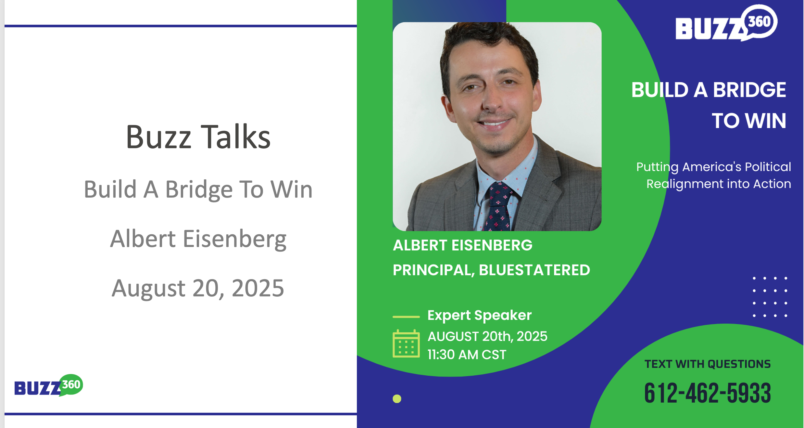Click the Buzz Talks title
198,137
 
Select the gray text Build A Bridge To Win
198,189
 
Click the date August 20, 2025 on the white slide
198,288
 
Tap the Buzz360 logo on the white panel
49,385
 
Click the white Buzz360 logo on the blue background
726,23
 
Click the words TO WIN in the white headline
749,121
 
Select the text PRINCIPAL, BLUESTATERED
491,270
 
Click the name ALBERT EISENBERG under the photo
463,245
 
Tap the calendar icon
406,344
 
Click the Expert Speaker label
480,315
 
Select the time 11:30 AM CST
467,355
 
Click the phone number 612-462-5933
708,393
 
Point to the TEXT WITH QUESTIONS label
708,364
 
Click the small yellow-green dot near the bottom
397,399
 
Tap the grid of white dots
770,297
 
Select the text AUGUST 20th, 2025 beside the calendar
487,336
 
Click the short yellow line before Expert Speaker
406,317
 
